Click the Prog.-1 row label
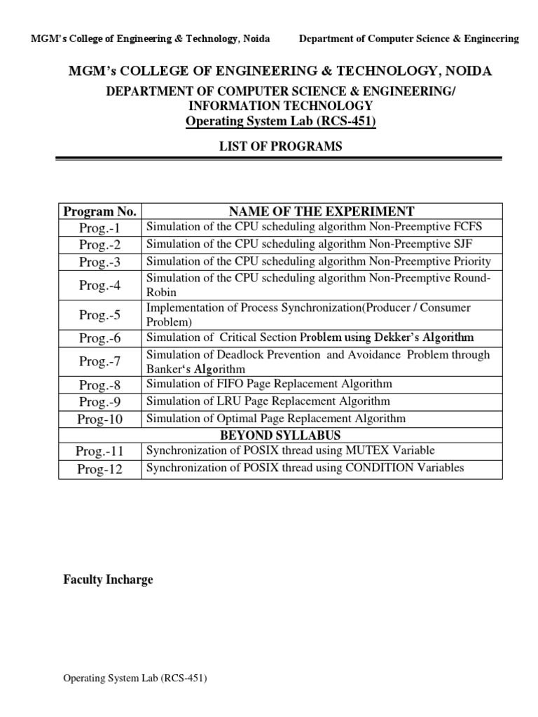[100, 228]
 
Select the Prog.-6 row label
[100, 338]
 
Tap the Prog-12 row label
[100, 469]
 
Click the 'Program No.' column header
[100, 211]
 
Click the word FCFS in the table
[467, 226]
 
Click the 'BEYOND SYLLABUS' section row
[280, 434]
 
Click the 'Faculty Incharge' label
[108, 580]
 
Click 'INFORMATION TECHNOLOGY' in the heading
[280, 106]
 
